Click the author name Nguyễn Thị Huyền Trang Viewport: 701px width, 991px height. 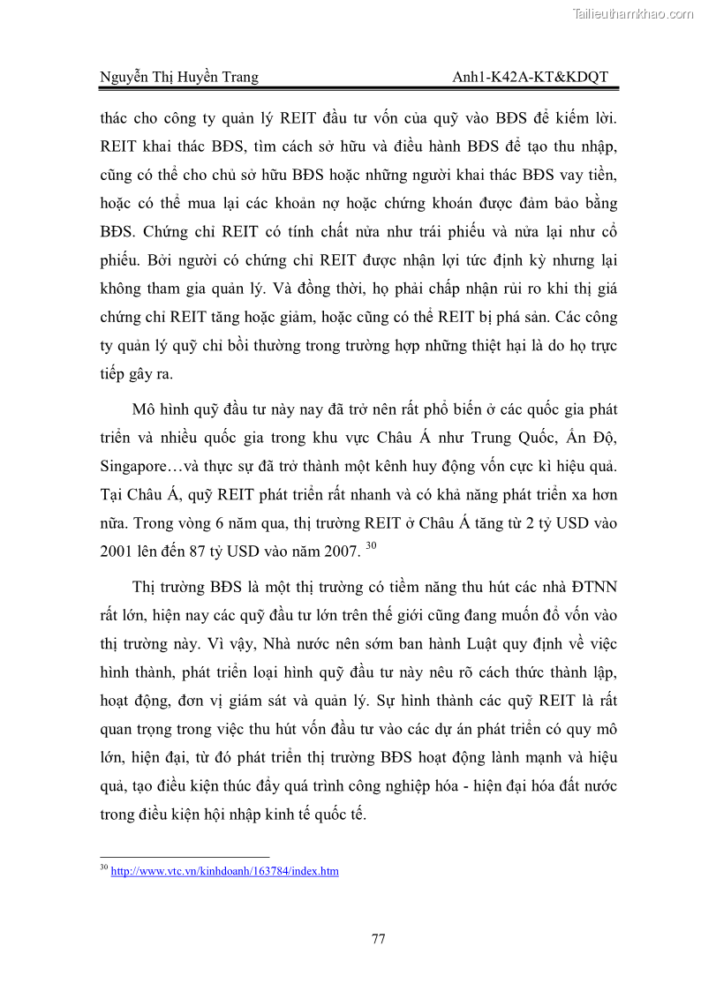[179, 77]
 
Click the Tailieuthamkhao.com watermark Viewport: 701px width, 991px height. [633, 13]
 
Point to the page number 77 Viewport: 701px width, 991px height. [378, 939]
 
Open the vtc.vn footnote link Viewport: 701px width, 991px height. [224, 871]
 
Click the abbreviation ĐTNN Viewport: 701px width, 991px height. [590, 586]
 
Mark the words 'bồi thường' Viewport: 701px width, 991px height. [237, 345]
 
